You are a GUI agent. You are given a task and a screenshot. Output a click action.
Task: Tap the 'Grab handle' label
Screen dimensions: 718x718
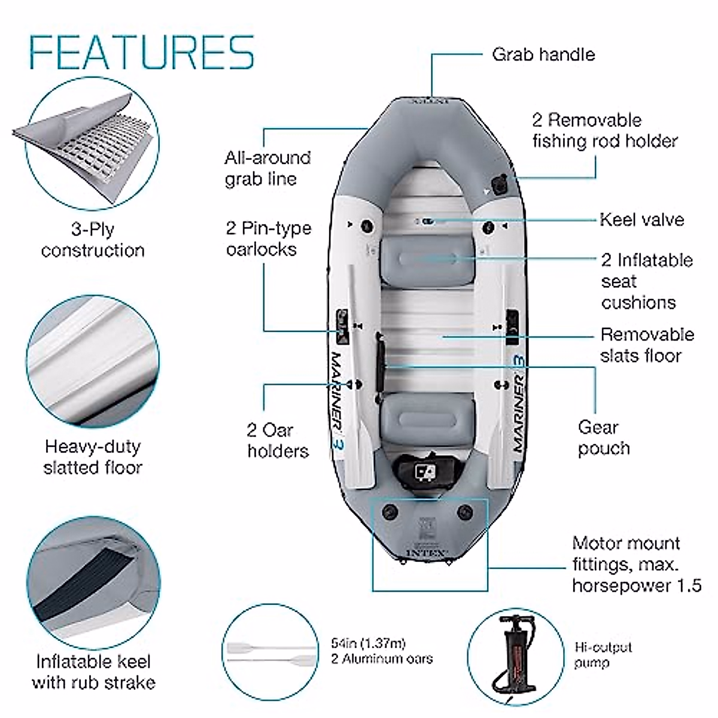(543, 54)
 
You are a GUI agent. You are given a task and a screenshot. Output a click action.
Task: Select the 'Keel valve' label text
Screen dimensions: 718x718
(641, 220)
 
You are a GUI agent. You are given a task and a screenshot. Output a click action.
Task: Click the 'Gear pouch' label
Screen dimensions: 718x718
(603, 438)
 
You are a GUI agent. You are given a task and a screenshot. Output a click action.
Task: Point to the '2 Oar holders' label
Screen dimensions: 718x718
(278, 440)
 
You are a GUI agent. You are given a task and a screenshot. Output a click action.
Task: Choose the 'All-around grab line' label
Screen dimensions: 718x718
(267, 168)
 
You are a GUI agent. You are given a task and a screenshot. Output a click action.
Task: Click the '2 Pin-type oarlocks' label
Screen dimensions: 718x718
(268, 238)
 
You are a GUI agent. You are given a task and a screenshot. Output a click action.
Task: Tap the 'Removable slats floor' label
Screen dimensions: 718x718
(647, 345)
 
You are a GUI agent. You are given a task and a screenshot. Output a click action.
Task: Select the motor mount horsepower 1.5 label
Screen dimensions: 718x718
(636, 564)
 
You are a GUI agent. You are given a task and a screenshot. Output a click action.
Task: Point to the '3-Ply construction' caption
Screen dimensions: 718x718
(93, 239)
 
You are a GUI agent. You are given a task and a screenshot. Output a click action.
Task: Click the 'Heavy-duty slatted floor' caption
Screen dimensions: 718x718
(93, 457)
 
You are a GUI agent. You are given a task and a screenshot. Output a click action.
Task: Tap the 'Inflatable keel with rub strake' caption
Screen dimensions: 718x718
(93, 672)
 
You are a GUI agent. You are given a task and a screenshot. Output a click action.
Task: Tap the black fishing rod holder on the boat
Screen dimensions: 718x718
(498, 182)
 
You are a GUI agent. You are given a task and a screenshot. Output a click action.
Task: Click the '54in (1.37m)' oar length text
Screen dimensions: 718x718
(368, 644)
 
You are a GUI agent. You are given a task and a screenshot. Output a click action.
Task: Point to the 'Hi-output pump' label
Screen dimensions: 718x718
(603, 655)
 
